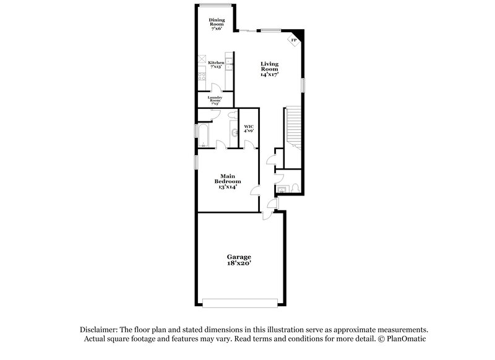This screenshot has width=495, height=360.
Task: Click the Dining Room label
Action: coord(217,24)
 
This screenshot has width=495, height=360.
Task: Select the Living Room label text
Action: coord(269,68)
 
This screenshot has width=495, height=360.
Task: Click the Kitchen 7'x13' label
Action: coord(216,65)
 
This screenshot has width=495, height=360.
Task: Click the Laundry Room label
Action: coord(215,100)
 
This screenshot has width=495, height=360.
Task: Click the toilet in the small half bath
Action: coord(295,187)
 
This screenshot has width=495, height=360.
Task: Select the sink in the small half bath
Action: coord(281,187)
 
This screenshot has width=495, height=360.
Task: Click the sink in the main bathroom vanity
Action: coord(233,132)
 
